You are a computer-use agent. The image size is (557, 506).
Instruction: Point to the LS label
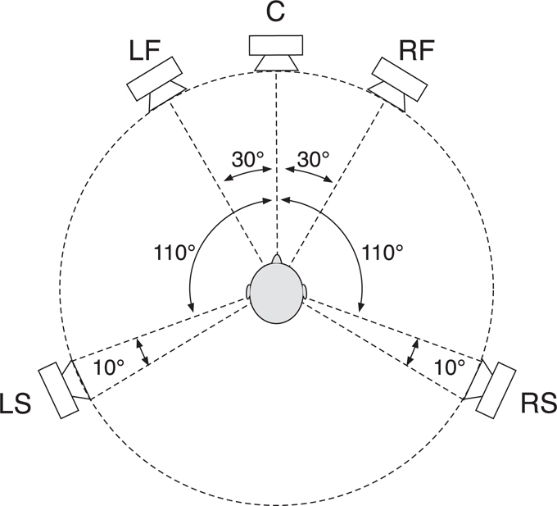click(x=16, y=403)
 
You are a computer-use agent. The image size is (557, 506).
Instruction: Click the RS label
click(x=539, y=403)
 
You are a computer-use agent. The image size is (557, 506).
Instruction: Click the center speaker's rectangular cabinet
click(x=276, y=45)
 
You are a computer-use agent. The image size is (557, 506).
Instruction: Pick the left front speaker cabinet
click(x=155, y=79)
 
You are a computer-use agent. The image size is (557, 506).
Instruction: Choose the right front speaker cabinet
click(x=400, y=79)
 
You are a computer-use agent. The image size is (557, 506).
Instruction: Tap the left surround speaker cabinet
click(x=58, y=390)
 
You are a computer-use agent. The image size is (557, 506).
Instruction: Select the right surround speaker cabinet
click(x=496, y=390)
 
